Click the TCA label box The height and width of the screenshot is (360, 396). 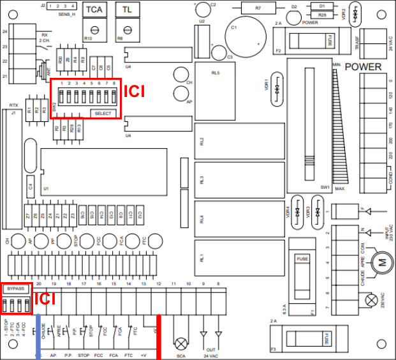coord(94,10)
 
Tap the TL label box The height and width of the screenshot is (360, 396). coord(127,10)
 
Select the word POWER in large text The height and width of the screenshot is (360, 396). coord(363,67)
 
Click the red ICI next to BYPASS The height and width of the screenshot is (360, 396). coord(45,297)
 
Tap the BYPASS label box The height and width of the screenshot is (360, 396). coord(16,289)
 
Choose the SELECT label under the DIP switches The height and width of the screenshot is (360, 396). coord(103,114)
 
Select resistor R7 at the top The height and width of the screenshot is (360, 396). coord(258,8)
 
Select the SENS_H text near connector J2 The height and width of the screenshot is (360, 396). coord(66,13)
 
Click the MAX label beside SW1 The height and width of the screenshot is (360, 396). coord(340,189)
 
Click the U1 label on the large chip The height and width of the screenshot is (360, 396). coord(47,190)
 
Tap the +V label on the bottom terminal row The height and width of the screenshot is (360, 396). coord(143,354)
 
